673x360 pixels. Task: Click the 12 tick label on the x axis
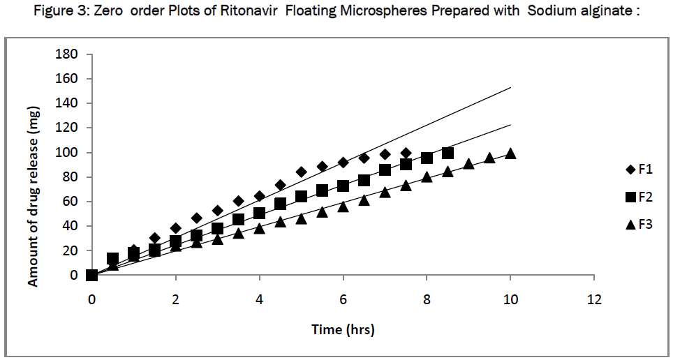pyautogui.click(x=593, y=299)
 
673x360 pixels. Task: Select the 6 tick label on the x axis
pyautogui.click(x=343, y=299)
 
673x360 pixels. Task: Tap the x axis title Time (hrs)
pyautogui.click(x=343, y=329)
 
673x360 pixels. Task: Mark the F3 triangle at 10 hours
pyautogui.click(x=510, y=153)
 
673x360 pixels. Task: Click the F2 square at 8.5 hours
pyautogui.click(x=448, y=153)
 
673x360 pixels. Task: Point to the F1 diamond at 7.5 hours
pyautogui.click(x=406, y=153)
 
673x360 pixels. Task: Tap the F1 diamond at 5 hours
pyautogui.click(x=301, y=172)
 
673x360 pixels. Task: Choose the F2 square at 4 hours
pyautogui.click(x=259, y=213)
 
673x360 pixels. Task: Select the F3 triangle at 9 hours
pyautogui.click(x=468, y=164)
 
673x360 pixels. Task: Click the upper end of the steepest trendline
pyautogui.click(x=510, y=88)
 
